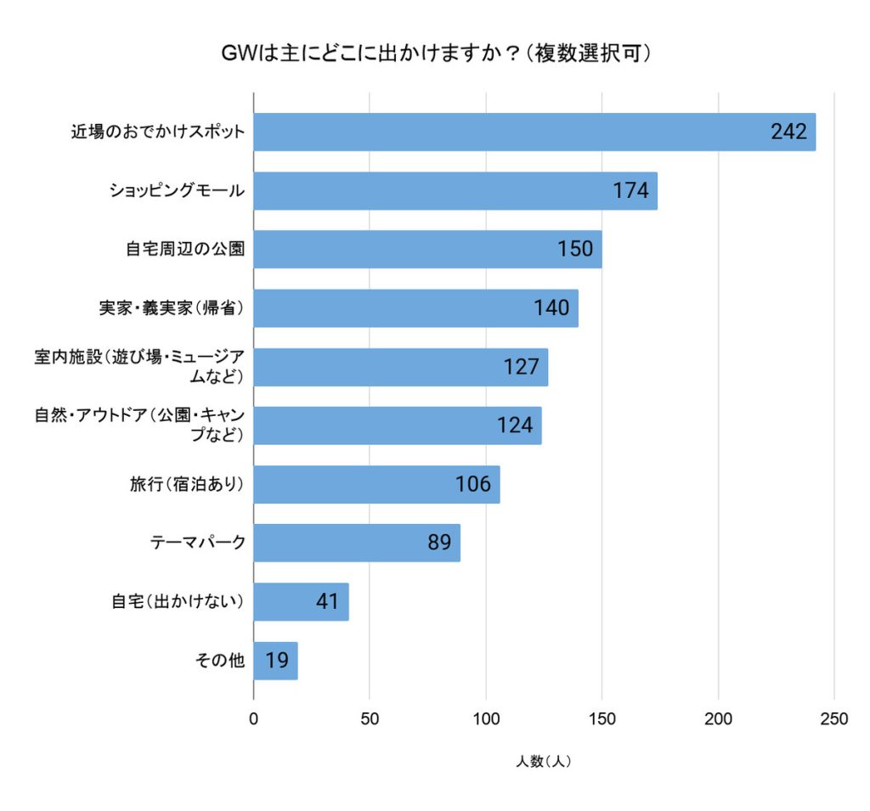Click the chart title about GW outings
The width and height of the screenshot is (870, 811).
[435, 54]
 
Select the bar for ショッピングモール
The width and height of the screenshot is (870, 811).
[455, 191]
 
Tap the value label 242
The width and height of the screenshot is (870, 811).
[788, 132]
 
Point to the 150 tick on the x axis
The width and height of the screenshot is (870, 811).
[602, 719]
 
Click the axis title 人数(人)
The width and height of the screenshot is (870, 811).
[543, 762]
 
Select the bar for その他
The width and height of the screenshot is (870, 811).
[275, 661]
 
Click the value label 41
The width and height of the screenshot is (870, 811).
[327, 602]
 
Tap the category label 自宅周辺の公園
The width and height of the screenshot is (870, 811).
[184, 250]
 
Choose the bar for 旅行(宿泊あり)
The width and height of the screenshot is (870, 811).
[376, 484]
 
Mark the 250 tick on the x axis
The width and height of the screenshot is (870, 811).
[833, 719]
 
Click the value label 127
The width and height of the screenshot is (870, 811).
[521, 367]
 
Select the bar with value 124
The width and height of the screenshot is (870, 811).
[397, 425]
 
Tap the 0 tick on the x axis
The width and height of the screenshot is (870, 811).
[253, 719]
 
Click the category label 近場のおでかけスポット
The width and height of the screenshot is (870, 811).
[157, 132]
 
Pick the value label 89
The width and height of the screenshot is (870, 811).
[438, 543]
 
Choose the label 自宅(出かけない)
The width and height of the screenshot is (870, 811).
[178, 601]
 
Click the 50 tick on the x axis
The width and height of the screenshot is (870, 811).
[370, 719]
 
